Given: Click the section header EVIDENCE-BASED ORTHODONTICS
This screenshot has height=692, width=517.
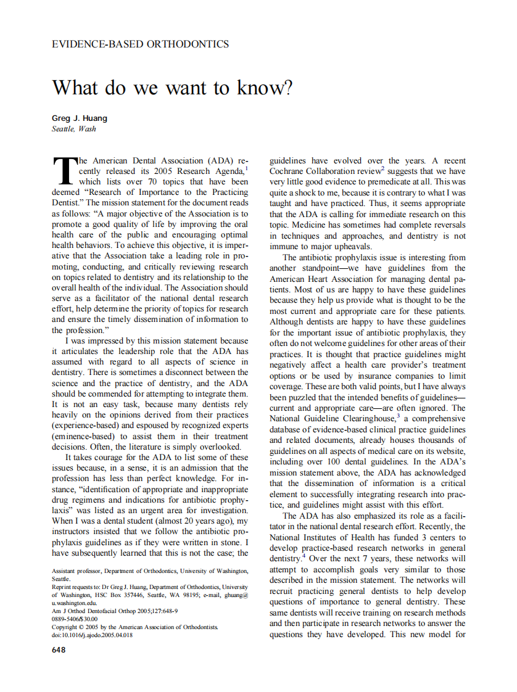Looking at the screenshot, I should (140, 44).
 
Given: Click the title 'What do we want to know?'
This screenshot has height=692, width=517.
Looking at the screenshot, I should (172, 88).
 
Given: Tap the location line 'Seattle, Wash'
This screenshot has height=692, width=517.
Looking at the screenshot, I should (73, 129).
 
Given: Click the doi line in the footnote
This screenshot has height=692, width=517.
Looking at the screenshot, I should (92, 635).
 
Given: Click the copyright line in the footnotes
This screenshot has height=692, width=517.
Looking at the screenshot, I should (134, 627).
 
